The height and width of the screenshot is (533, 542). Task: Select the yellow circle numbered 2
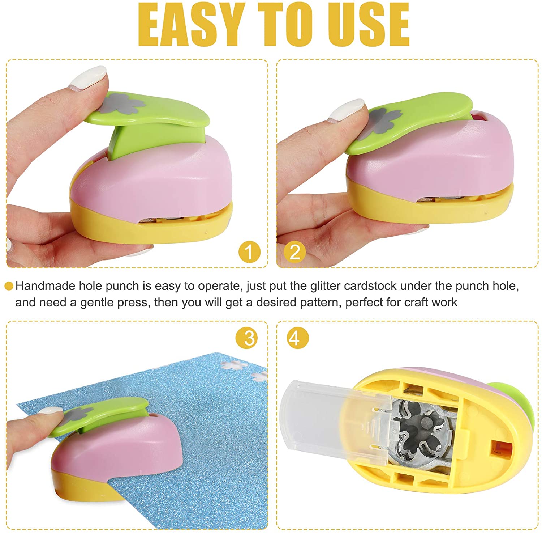[x=295, y=251]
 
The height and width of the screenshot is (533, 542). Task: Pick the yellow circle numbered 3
[x=247, y=338]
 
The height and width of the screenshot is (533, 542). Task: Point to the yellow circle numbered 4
[x=298, y=338]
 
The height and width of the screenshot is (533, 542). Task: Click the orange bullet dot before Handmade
[x=9, y=286]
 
